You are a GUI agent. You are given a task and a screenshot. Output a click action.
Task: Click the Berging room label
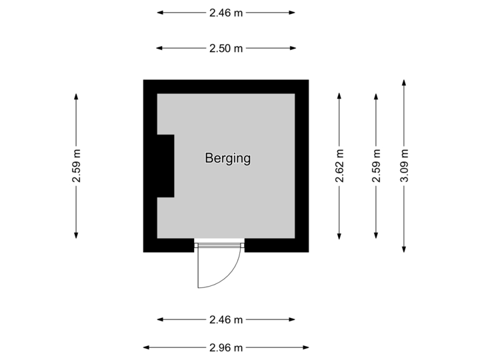click(227, 159)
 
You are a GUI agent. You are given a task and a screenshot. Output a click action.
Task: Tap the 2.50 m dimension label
click(226, 48)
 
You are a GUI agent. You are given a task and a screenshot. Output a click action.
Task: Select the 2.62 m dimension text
click(339, 166)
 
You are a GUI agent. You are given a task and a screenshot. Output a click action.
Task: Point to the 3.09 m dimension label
click(404, 166)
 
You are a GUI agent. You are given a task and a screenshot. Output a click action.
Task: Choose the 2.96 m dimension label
click(226, 347)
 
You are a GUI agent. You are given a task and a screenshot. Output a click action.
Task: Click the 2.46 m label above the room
click(226, 13)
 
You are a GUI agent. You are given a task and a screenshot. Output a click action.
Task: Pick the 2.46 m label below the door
click(226, 320)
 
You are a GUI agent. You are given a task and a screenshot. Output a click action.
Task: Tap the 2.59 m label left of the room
click(76, 166)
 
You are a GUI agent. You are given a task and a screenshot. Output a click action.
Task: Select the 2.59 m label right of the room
click(376, 166)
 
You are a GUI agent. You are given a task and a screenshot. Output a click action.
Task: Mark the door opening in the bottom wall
click(219, 246)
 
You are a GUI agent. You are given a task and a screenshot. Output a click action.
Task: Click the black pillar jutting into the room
click(165, 165)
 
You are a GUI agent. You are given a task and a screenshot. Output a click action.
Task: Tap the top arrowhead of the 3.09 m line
click(404, 82)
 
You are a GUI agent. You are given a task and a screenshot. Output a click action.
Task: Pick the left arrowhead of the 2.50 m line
click(159, 48)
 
